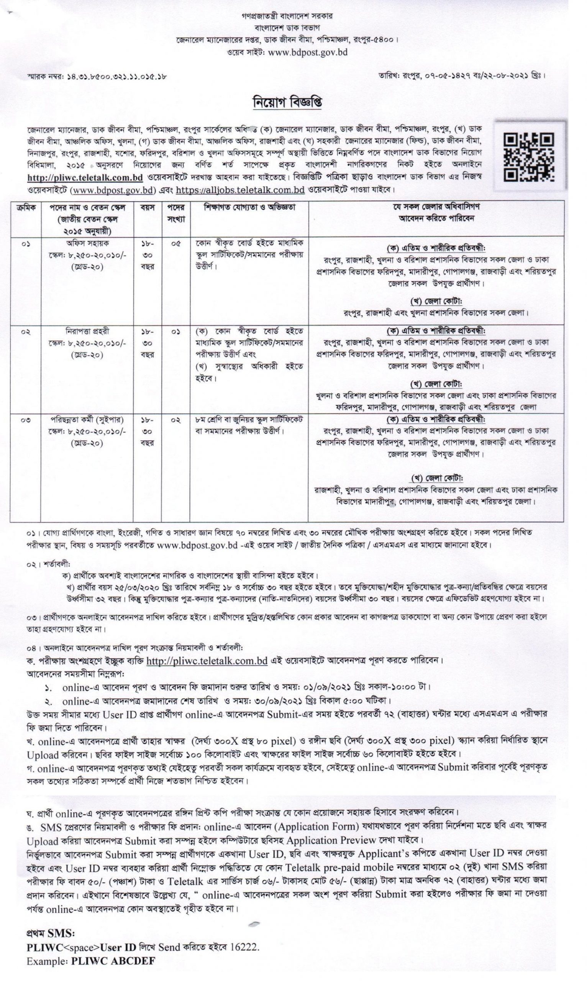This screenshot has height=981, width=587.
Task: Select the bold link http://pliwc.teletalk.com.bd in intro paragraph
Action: (x=85, y=177)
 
